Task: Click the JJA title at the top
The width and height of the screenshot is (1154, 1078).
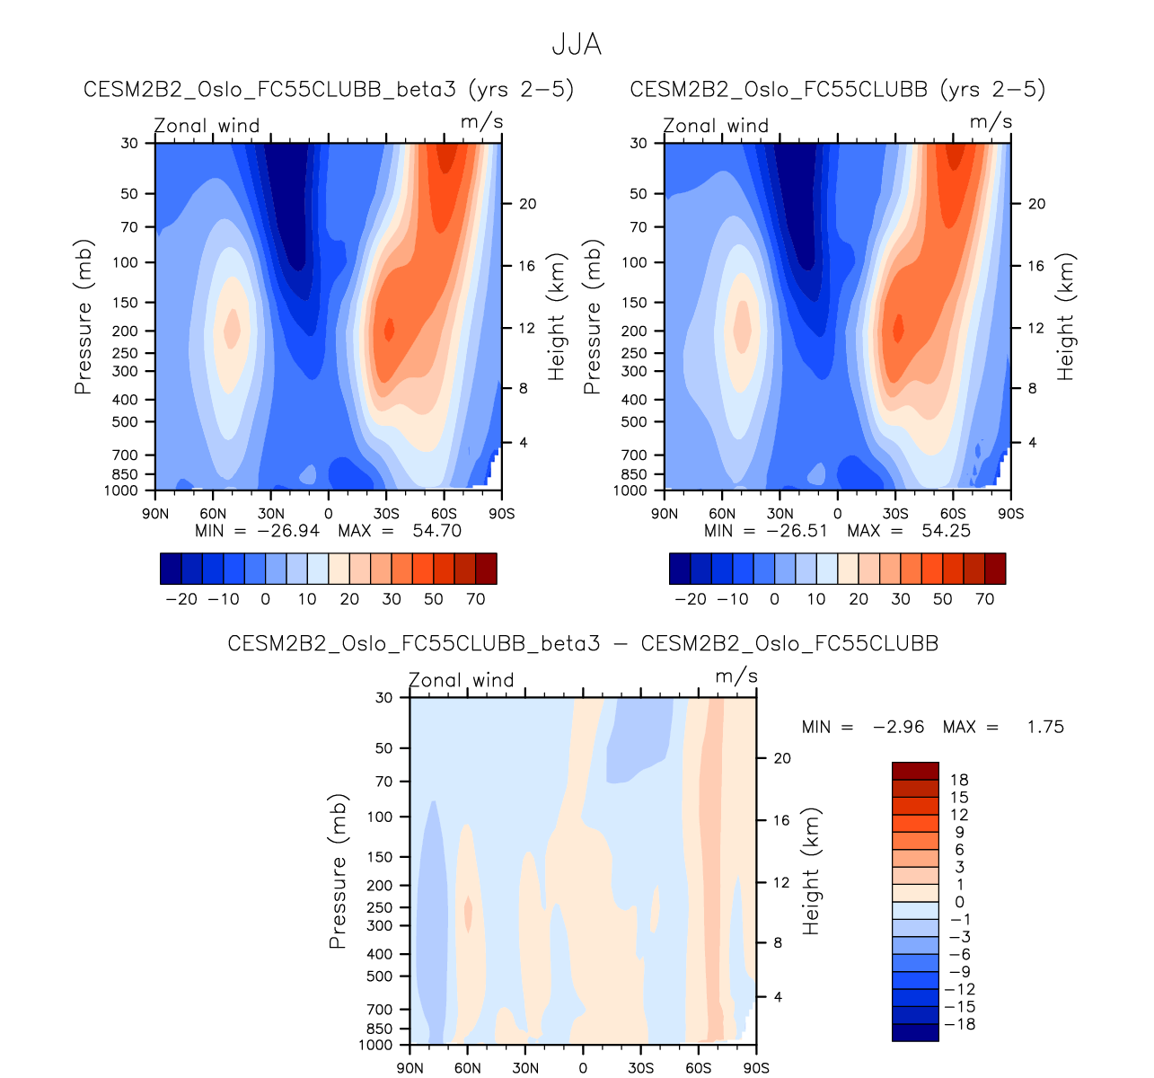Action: point(576,45)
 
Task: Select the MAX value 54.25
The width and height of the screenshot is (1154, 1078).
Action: point(946,531)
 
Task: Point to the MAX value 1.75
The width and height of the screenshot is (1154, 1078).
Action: point(1045,727)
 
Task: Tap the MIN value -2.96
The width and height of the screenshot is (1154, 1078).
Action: point(898,727)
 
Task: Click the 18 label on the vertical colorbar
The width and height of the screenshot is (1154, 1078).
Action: point(959,780)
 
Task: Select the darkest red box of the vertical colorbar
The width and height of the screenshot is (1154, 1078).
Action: point(914,771)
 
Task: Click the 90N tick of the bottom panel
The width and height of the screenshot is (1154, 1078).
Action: point(410,1068)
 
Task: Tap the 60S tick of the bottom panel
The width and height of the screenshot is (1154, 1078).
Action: point(698,1068)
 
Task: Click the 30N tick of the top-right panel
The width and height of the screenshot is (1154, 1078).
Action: point(780,514)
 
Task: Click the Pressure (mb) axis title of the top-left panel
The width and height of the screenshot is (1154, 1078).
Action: point(84,317)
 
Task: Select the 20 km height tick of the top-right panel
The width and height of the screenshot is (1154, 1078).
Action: point(1036,204)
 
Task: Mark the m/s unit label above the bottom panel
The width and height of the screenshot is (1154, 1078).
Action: point(736,676)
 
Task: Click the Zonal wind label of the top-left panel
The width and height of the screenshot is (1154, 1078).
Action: point(207,126)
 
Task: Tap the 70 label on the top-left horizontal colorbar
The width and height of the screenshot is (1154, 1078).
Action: point(476,599)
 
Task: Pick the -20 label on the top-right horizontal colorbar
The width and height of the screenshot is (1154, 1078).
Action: point(691,599)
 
